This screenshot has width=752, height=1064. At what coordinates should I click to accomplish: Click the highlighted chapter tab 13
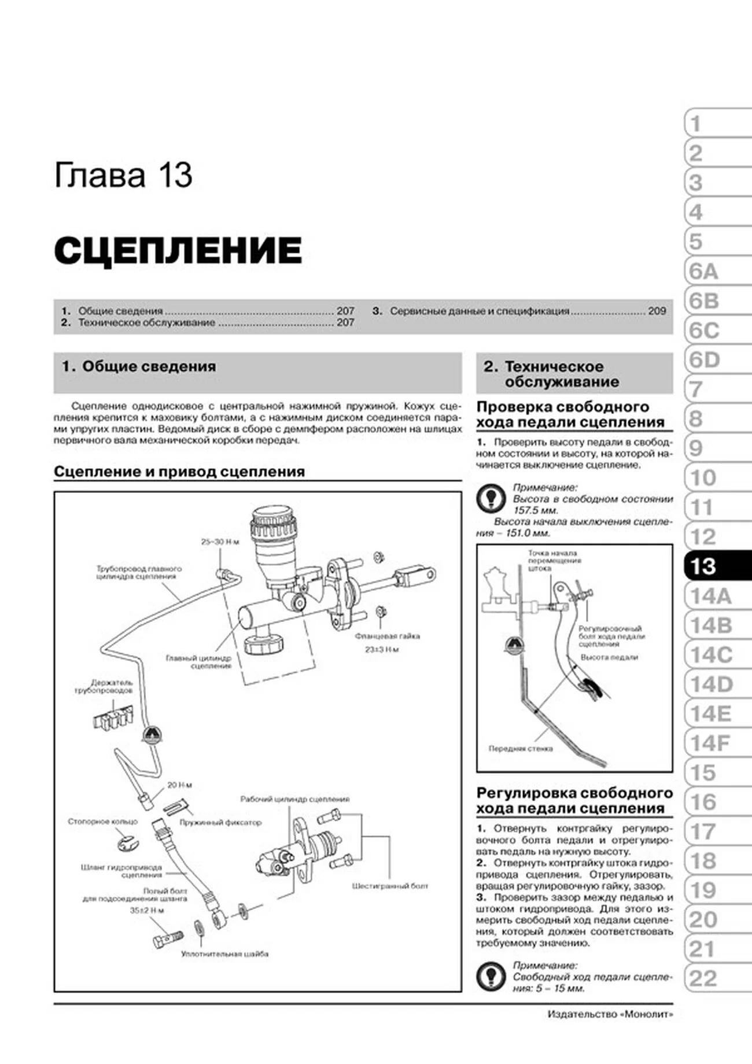716,566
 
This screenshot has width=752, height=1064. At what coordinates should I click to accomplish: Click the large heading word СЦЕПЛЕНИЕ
178,251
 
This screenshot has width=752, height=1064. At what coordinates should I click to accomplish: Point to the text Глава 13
123,175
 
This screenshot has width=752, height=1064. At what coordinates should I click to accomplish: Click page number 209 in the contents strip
657,311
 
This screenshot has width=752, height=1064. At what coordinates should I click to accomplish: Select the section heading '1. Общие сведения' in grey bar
139,366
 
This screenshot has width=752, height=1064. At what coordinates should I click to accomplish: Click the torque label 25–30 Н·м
220,542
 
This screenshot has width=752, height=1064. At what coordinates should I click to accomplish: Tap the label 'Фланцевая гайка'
387,636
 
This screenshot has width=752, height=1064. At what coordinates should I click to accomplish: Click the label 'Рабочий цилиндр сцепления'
294,799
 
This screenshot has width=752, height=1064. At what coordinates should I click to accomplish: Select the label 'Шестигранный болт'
390,886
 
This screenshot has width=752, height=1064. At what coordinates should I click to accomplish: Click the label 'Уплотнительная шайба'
224,954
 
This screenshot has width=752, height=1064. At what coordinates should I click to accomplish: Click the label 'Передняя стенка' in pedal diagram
520,749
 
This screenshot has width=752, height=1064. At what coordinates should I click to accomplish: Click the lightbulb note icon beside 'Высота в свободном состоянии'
491,499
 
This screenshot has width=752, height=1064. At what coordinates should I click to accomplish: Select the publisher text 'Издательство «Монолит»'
610,1014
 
